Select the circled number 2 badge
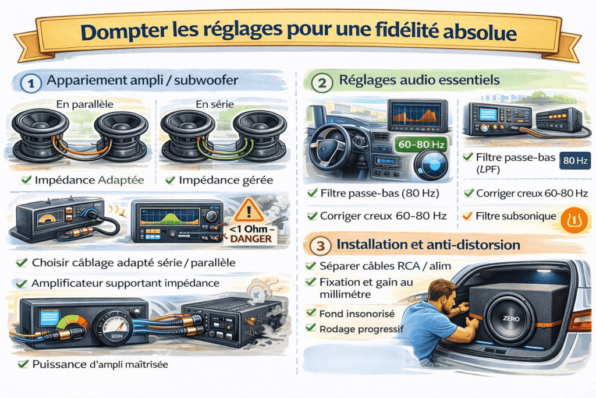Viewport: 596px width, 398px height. click(x=319, y=83)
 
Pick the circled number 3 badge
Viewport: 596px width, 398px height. click(x=320, y=245)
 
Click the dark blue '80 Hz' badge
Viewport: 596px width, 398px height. click(x=574, y=161)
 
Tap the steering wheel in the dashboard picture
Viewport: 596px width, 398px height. click(x=329, y=142)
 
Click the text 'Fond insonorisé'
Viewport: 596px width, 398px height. click(x=357, y=314)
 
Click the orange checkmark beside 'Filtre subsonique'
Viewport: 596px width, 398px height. click(x=466, y=216)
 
